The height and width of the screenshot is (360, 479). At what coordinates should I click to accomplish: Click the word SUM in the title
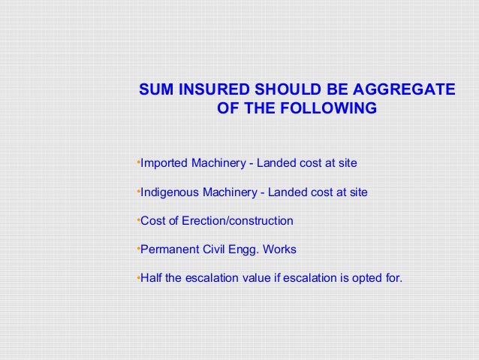(x=157, y=90)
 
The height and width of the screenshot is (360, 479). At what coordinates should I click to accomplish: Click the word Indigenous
(x=170, y=192)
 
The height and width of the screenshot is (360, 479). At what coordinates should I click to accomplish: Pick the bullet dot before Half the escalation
(x=138, y=276)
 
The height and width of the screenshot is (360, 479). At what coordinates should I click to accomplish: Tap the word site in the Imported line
(x=347, y=163)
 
